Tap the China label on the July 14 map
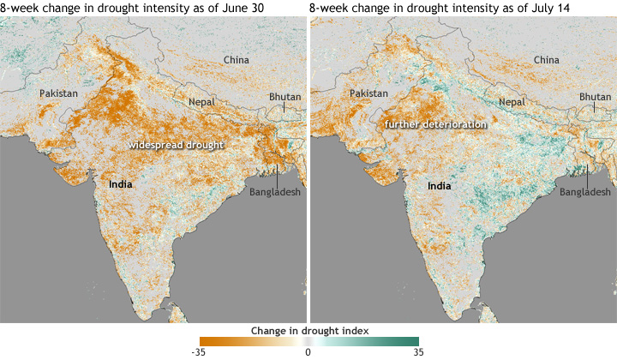546,60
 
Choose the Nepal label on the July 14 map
512,102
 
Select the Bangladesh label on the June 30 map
275,192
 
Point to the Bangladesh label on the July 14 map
585,192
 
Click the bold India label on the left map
122,184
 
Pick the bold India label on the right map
440,184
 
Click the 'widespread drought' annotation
176,146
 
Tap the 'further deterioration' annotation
435,125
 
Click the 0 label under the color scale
308,351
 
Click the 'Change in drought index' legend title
308,330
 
